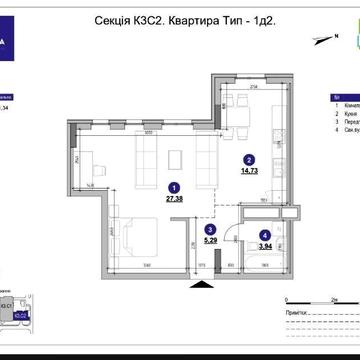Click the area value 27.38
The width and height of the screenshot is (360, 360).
(x=175, y=198)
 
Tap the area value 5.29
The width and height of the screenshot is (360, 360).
(x=209, y=240)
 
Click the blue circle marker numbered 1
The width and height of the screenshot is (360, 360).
(x=174, y=186)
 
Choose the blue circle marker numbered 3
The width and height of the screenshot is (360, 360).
(x=209, y=228)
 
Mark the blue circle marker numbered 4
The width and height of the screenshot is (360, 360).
(x=263, y=235)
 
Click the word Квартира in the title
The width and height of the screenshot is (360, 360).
(x=193, y=18)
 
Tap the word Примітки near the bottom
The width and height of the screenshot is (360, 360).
(x=296, y=313)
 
